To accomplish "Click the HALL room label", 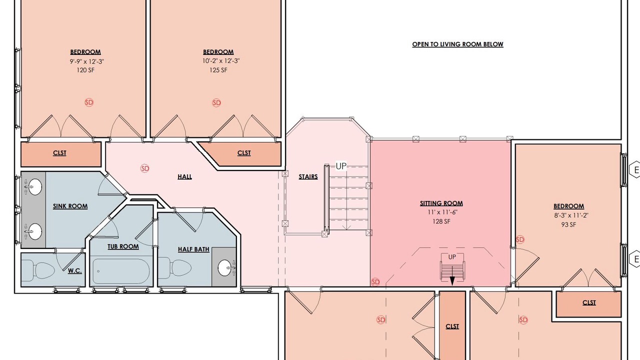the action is tap(184, 176).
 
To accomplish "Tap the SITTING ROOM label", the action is tap(441, 203).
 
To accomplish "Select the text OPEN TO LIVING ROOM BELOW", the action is tap(457, 44).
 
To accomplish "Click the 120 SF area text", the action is tap(85, 70).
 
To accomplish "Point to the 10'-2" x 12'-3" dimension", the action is tap(221, 61).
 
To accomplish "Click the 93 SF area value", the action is tap(568, 225).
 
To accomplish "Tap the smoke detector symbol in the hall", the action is tap(145, 168).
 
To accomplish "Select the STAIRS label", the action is tap(308, 177).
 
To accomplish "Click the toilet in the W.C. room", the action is tap(38, 269).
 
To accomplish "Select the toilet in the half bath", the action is tap(174, 268).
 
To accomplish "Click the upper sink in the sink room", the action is tap(33, 187).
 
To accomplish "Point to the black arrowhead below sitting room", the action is tap(452, 281).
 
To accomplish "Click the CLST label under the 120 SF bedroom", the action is tap(59, 153).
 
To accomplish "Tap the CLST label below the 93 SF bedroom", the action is tap(589, 302).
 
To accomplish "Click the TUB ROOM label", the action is tap(123, 246).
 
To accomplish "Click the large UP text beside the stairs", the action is tap(341, 166).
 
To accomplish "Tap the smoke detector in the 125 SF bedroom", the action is tap(216, 103).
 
